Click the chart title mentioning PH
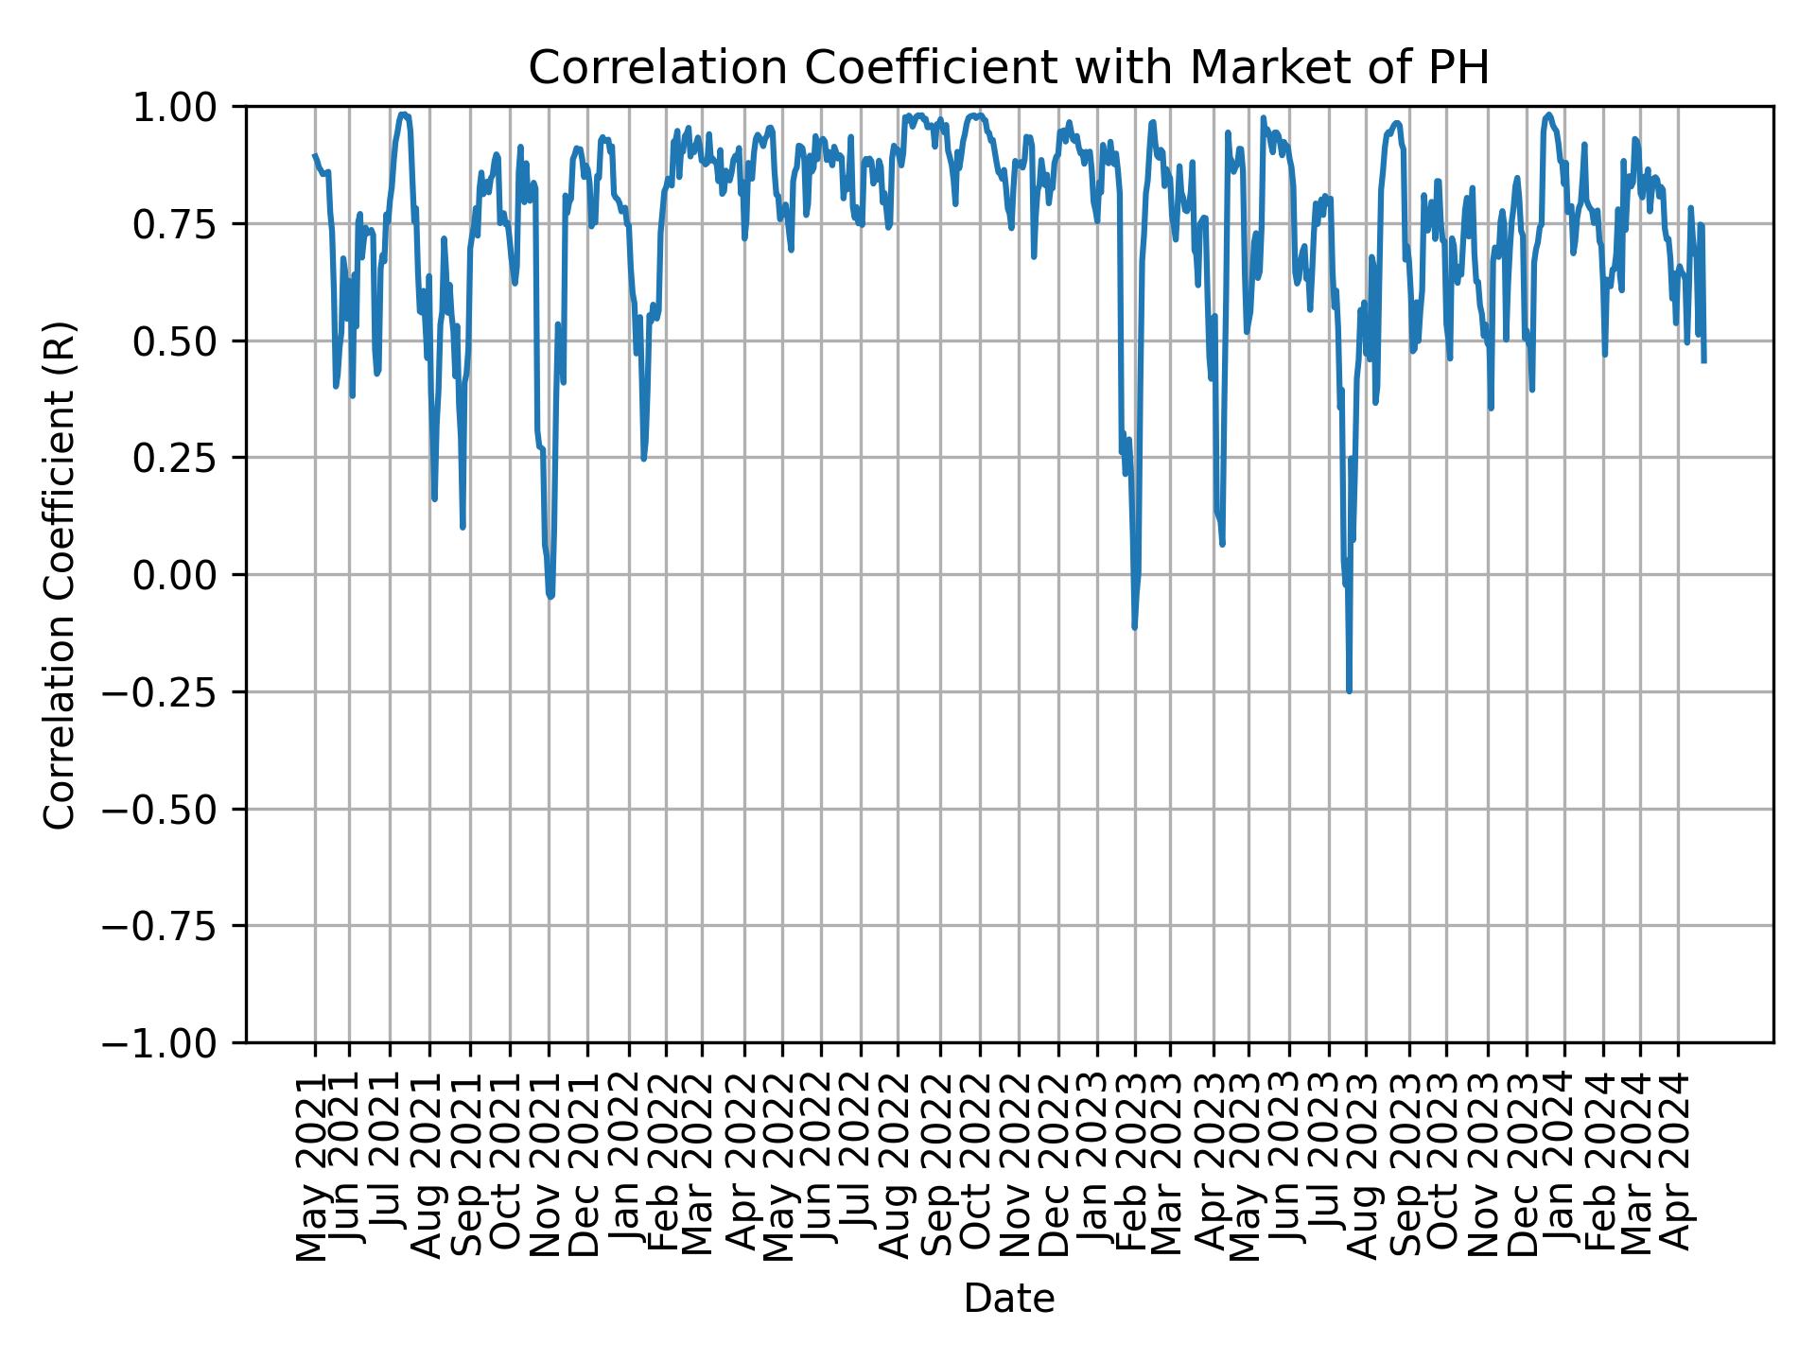pos(1008,68)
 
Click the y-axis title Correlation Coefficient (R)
pos(61,575)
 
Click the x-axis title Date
pos(1008,1299)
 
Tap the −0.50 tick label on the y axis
pos(174,809)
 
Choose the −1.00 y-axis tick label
pos(174,1042)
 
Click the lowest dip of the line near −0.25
pos(1349,690)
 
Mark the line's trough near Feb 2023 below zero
pos(1134,626)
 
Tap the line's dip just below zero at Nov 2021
pos(550,596)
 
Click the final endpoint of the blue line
pos(1703,360)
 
